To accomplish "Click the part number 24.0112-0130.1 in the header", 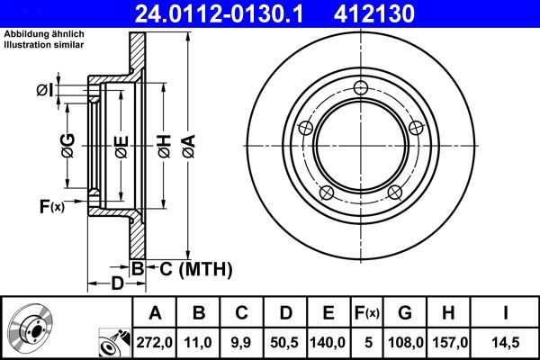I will (231, 13).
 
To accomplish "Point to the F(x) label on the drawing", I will (51, 207).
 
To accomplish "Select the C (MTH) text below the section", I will (191, 268).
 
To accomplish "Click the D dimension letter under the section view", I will (118, 284).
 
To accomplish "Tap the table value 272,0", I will (155, 341).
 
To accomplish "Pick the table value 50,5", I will (285, 341).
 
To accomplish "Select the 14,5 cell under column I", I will (506, 341).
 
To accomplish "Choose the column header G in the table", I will (405, 313).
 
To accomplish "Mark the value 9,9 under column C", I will (241, 341).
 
